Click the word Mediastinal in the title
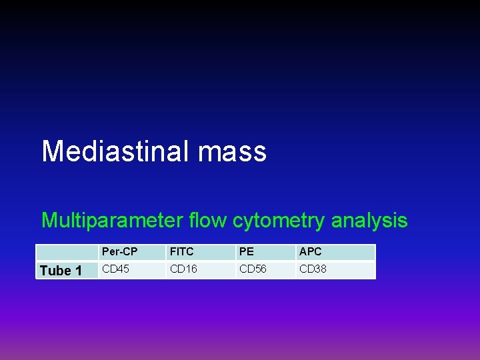tap(115, 151)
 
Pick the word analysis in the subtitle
tap(370, 221)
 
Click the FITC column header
tap(181, 252)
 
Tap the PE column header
tap(247, 252)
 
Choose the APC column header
tap(311, 252)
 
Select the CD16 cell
tap(184, 269)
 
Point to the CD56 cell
tap(253, 269)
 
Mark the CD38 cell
tap(313, 269)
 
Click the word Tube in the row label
tap(55, 271)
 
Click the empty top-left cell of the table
tap(67, 252)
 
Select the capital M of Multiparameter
tap(49, 220)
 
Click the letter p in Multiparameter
tap(96, 222)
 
